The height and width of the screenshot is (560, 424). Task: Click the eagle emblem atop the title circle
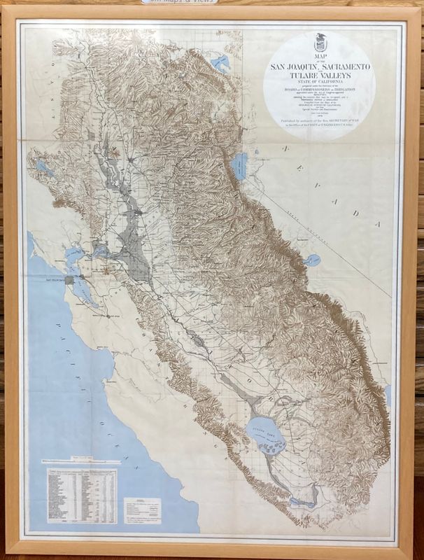coord(319,43)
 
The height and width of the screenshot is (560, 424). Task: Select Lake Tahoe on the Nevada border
coord(240,167)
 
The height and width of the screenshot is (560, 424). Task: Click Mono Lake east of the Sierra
coord(313,260)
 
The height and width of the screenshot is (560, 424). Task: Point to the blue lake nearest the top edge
coord(221,64)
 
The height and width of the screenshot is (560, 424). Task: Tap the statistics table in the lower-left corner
coord(81,496)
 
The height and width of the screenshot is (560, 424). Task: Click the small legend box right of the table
coord(142,510)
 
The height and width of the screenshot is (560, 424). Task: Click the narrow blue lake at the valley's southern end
coord(304,502)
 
